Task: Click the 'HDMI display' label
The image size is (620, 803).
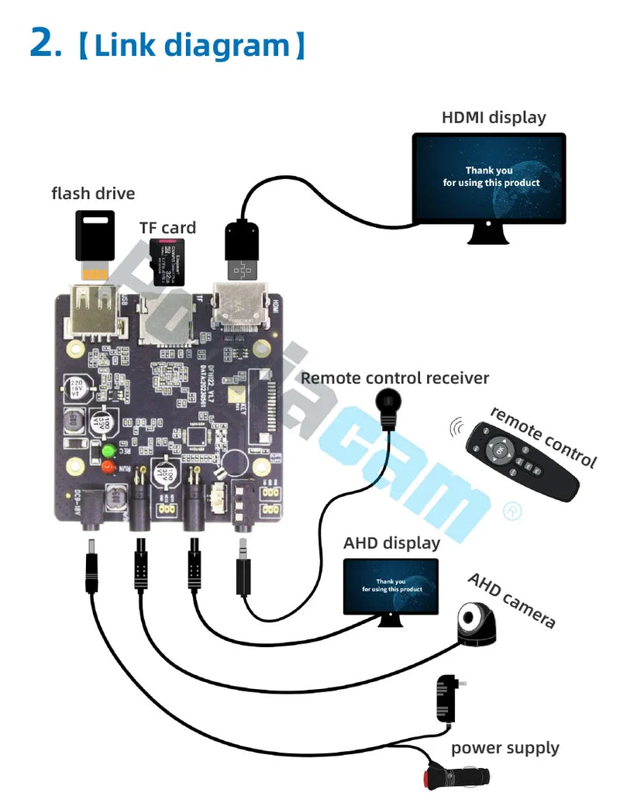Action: [x=494, y=118]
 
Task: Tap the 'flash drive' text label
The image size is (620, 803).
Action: [x=93, y=193]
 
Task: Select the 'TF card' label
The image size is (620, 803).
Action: [x=167, y=228]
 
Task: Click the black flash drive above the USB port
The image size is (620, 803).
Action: [x=95, y=236]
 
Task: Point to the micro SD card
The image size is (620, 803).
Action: [x=168, y=262]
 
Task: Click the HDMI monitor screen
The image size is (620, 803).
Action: [x=488, y=177]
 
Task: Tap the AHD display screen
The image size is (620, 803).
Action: [x=390, y=585]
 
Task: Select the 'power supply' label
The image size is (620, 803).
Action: [x=505, y=748]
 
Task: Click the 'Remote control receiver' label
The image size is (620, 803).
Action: [x=394, y=378]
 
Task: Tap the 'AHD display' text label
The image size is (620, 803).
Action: [x=391, y=543]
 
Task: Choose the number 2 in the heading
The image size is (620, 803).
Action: [x=44, y=43]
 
